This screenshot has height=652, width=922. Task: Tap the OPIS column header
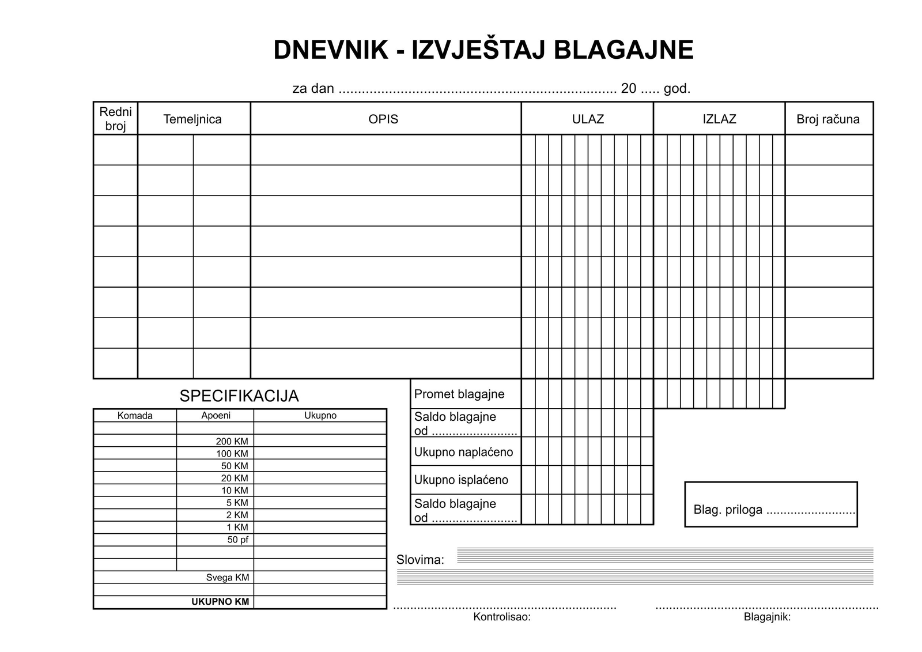[x=383, y=119]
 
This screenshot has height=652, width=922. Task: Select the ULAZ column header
[x=588, y=119]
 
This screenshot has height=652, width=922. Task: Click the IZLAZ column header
[x=719, y=119]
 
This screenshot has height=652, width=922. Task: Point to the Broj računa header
[x=828, y=119]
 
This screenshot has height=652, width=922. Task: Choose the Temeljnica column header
[x=192, y=119]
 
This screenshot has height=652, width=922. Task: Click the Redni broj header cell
[x=115, y=119]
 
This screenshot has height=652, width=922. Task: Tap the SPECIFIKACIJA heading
[x=239, y=396]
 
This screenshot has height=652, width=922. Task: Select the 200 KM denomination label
[x=232, y=442]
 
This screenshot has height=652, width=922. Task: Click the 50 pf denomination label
[x=237, y=540]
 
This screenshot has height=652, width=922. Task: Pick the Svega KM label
[x=228, y=578]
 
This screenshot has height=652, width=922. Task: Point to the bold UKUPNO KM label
[x=220, y=602]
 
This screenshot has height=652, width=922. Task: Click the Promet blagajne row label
[x=459, y=394]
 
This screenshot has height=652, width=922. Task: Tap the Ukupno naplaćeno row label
[x=463, y=453]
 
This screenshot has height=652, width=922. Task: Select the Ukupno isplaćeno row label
[x=461, y=480]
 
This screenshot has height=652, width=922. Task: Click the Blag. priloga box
[x=770, y=505]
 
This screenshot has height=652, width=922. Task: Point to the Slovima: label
[x=420, y=560]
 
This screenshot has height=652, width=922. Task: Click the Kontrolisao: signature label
[x=502, y=617]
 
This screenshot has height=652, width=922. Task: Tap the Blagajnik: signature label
[x=767, y=617]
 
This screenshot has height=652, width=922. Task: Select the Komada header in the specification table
[x=135, y=416]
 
